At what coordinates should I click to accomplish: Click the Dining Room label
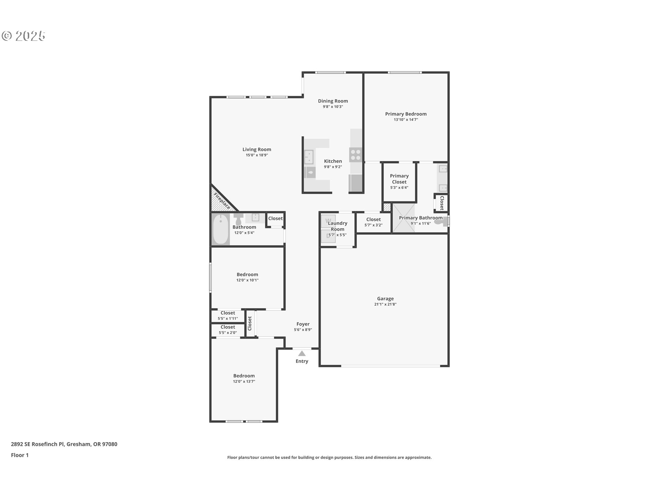[333, 101]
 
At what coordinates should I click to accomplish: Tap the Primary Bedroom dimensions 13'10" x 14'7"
[406, 120]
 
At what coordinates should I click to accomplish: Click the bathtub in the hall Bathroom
[220, 229]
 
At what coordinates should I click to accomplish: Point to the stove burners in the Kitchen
[356, 155]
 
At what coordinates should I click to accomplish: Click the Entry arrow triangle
[302, 353]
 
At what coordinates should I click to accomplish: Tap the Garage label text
[385, 298]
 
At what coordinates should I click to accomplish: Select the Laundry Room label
[337, 226]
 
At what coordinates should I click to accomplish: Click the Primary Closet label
[399, 179]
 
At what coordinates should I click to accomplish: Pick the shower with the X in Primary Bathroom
[403, 219]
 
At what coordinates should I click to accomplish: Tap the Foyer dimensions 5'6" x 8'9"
[303, 330]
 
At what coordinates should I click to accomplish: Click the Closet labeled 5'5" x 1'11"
[228, 315]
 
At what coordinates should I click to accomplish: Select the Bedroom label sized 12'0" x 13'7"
[244, 376]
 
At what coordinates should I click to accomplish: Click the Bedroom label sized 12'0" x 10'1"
[247, 274]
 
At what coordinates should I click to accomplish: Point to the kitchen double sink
[309, 157]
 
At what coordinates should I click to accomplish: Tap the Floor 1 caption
[20, 455]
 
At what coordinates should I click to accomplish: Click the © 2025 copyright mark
[23, 36]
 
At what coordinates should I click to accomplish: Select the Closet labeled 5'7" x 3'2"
[373, 222]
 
